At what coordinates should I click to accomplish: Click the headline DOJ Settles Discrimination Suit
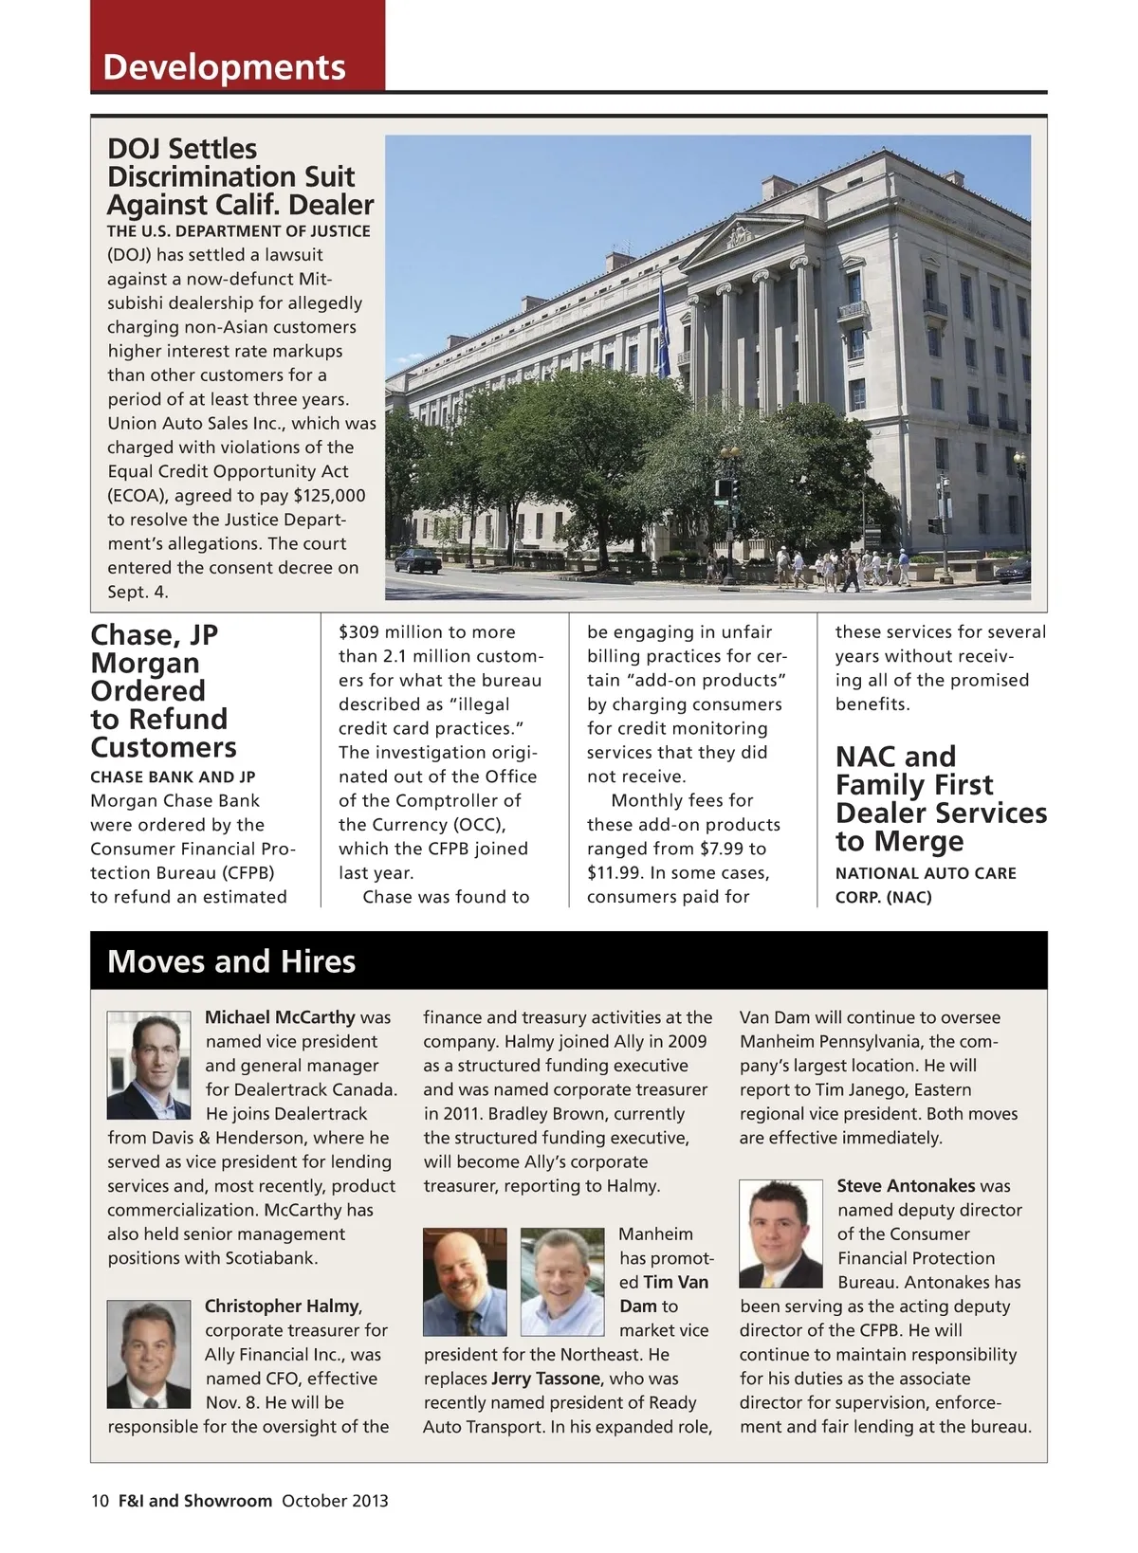point(239,176)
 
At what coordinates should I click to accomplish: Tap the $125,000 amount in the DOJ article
point(329,496)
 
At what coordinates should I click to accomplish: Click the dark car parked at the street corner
point(417,560)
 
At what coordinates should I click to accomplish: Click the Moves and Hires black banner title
point(231,961)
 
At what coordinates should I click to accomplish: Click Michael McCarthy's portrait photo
point(149,1066)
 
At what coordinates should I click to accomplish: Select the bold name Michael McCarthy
point(280,1017)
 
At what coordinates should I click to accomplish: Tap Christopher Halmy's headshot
point(149,1354)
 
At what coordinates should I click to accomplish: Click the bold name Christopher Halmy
point(283,1306)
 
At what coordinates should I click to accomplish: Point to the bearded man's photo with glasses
point(465,1282)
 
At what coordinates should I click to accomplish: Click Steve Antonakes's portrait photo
point(780,1233)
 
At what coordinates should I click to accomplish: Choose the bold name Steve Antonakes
point(906,1186)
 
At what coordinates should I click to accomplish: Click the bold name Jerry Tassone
point(545,1379)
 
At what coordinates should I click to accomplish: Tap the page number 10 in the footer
point(101,1501)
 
